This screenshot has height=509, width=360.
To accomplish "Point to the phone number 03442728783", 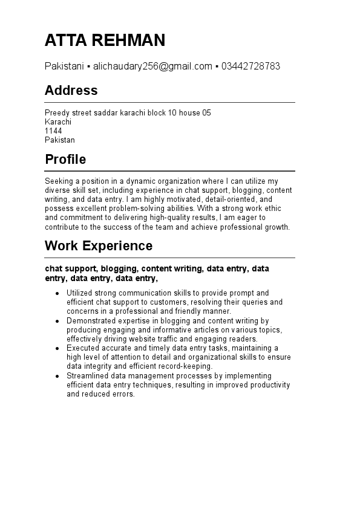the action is pyautogui.click(x=250, y=66).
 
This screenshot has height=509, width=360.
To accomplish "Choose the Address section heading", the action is pyautogui.click(x=71, y=91).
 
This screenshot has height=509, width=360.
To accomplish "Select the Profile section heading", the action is pyautogui.click(x=65, y=160).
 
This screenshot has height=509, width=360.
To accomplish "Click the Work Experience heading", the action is pyautogui.click(x=99, y=246).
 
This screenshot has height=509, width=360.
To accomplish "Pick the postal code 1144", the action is pyautogui.click(x=53, y=131).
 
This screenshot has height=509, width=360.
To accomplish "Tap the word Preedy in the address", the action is pyautogui.click(x=56, y=113).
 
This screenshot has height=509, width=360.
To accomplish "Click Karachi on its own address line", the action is pyautogui.click(x=58, y=122).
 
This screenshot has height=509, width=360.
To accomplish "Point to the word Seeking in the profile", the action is pyautogui.click(x=58, y=181).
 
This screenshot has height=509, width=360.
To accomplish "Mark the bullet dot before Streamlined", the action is pyautogui.click(x=57, y=376).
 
